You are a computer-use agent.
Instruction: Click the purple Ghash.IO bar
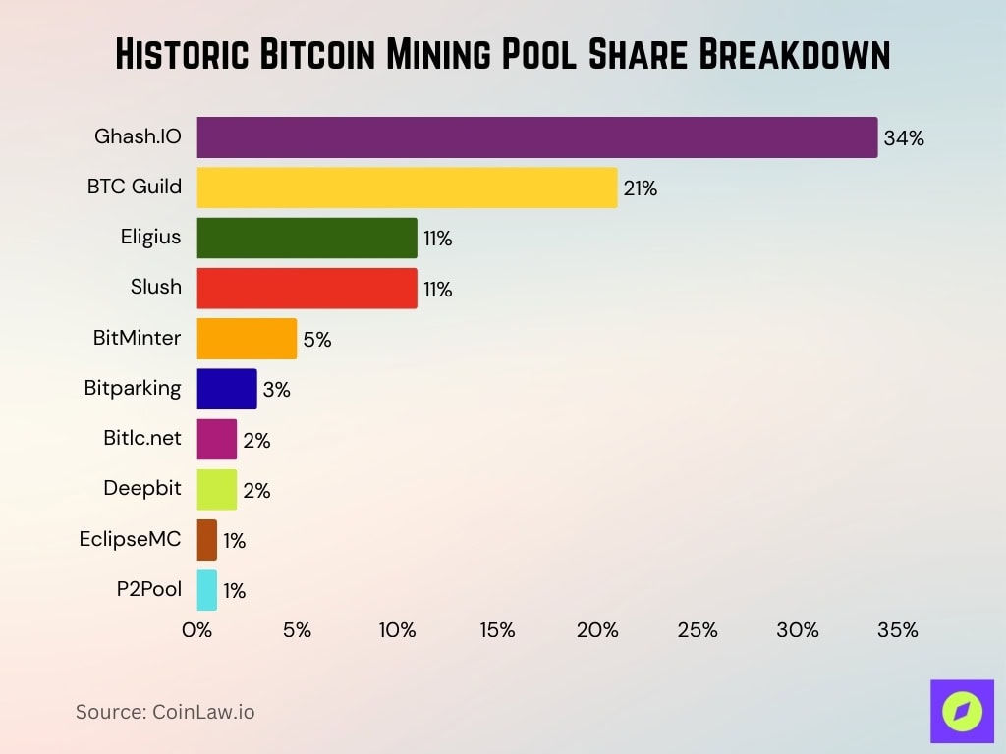[536, 137]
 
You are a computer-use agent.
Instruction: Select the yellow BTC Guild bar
[407, 188]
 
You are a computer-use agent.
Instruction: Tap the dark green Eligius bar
[307, 239]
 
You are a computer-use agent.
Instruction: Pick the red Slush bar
[307, 289]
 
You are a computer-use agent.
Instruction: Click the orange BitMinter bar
[247, 339]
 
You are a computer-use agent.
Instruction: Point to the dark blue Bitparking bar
[227, 389]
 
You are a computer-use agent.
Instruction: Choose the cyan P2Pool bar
[207, 590]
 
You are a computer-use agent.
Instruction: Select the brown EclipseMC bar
[207, 540]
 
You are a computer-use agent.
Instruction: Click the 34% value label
[904, 138]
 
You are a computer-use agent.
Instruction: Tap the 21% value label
[640, 188]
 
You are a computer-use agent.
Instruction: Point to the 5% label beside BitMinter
[317, 340]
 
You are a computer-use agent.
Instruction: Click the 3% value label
[277, 390]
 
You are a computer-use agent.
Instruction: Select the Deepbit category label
[142, 488]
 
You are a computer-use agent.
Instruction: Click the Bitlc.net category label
[142, 438]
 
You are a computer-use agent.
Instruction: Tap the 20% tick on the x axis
[597, 630]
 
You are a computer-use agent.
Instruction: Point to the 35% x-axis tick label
[897, 630]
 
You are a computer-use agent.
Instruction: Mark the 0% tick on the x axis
[197, 630]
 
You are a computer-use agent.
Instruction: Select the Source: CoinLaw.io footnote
[165, 712]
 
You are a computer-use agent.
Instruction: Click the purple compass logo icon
[962, 711]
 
